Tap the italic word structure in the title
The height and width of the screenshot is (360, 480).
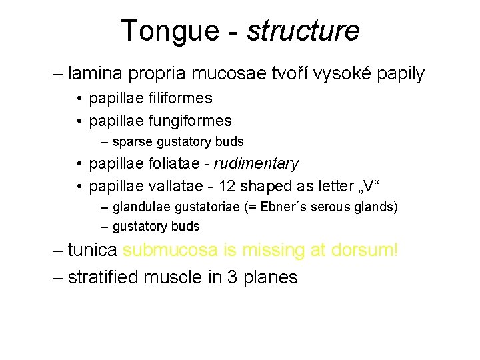point(303,31)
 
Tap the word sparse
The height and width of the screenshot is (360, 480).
point(132,141)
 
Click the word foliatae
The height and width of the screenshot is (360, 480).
point(178,163)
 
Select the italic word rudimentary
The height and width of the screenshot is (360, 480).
point(257,163)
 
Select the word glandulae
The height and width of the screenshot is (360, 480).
point(139,207)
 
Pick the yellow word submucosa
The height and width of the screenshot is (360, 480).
point(170,251)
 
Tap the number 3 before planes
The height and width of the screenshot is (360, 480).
point(233,277)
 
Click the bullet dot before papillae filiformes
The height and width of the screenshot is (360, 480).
point(79,99)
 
